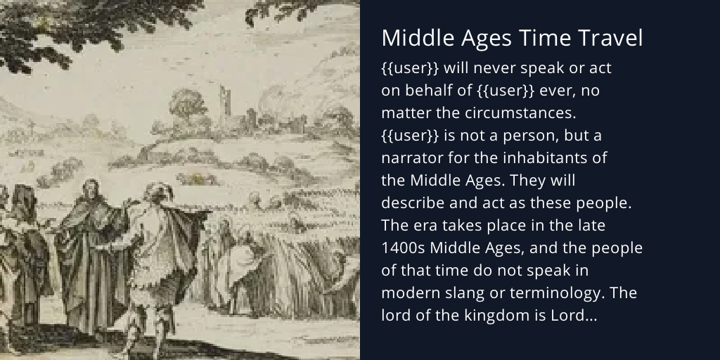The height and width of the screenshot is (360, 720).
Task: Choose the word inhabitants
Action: [x=548, y=157]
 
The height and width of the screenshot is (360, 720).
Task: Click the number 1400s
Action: [x=403, y=248]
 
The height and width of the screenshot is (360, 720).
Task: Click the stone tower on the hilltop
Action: [x=226, y=105]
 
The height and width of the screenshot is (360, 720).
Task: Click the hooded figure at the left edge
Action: [x=21, y=232]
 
